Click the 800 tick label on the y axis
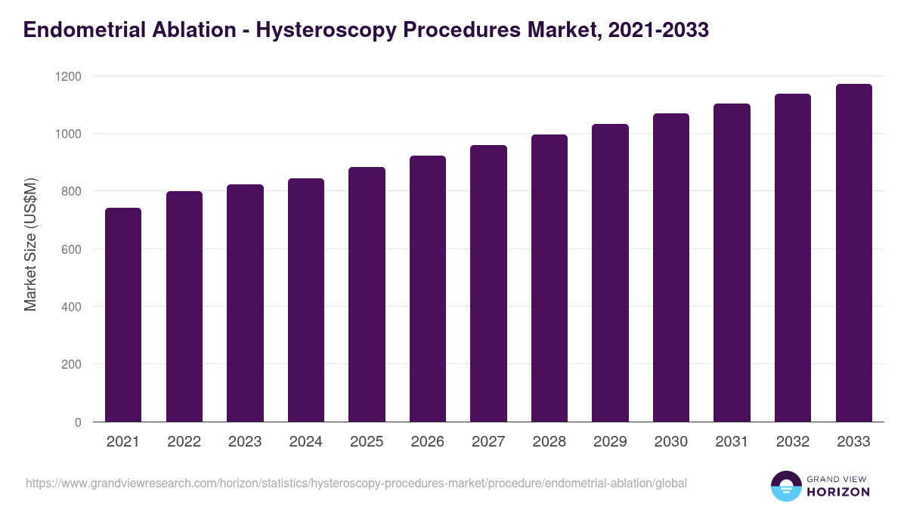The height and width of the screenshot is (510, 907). [x=71, y=191]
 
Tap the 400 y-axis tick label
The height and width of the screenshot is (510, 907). [x=71, y=307]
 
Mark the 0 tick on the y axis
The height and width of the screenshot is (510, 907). [x=78, y=422]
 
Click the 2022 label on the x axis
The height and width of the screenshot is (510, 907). [x=184, y=442]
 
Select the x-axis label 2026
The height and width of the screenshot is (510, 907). [x=427, y=442]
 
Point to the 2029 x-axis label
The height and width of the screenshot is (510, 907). [x=610, y=442]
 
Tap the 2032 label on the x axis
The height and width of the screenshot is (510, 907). [x=792, y=442]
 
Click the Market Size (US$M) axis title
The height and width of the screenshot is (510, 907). [x=30, y=244]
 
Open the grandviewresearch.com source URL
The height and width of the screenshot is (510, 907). [x=356, y=483]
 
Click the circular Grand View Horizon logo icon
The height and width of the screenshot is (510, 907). [x=785, y=486]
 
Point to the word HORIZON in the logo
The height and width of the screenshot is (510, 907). [x=839, y=492]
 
